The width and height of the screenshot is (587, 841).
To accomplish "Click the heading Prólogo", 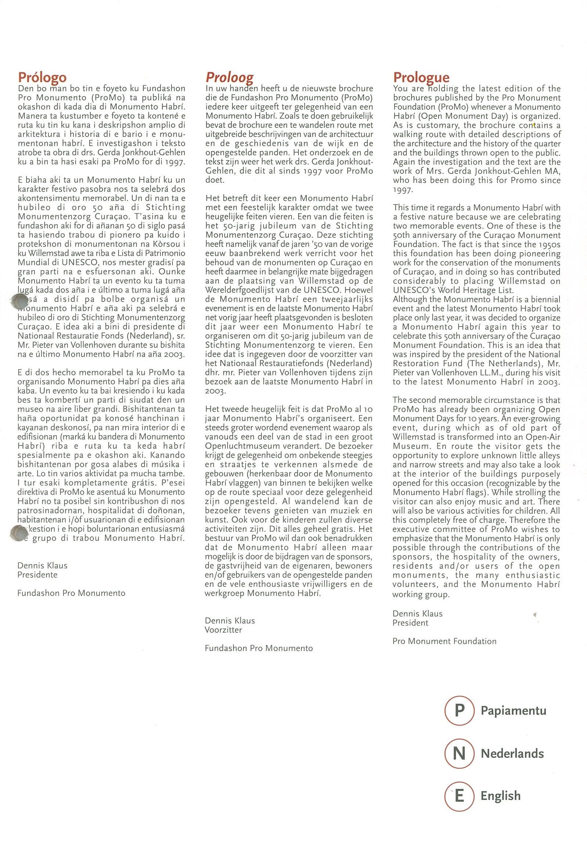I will (42, 77).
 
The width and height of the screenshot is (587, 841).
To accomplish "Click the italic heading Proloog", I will (229, 77).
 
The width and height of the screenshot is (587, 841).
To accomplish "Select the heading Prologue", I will (421, 77).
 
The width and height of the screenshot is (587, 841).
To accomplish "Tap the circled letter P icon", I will (459, 711).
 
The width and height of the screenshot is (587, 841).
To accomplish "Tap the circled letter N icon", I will (459, 754).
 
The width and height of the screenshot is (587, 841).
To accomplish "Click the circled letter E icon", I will (459, 796).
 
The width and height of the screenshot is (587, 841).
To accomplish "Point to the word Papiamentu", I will (513, 711).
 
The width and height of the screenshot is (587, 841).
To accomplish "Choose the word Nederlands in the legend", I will (512, 754).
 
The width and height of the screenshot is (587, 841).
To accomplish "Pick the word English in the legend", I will (500, 796).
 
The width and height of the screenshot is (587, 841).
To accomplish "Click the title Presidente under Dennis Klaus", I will (37, 575).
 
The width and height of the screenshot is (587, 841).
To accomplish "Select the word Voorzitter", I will (223, 630).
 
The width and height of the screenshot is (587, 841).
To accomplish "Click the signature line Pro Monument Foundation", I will (444, 641).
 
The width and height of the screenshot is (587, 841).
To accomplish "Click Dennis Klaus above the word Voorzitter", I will (229, 620).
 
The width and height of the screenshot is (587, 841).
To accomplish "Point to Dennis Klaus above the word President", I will (417, 613).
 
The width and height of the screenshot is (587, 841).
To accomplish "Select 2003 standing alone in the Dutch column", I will (215, 391).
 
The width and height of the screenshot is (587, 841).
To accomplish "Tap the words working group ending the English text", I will (421, 595).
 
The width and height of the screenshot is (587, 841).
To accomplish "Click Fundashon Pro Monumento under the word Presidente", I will (71, 593).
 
